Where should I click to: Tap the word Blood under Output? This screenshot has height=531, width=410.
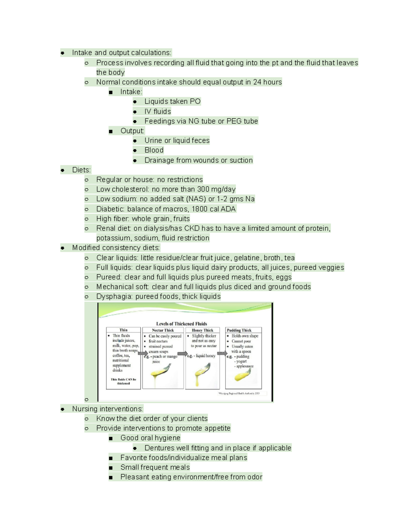154,150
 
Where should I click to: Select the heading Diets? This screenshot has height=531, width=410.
81,170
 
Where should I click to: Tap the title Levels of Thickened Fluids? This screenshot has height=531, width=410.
181,323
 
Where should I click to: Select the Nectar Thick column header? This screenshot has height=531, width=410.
163,330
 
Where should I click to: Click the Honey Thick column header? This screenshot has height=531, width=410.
202,330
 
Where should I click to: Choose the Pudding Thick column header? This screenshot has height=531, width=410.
239,330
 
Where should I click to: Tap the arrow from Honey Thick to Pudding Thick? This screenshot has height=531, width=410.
222,353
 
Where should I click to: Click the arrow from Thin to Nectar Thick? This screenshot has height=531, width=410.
142,353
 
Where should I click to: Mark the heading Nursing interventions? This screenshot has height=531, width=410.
107,409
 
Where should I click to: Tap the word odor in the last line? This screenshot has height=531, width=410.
255,477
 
